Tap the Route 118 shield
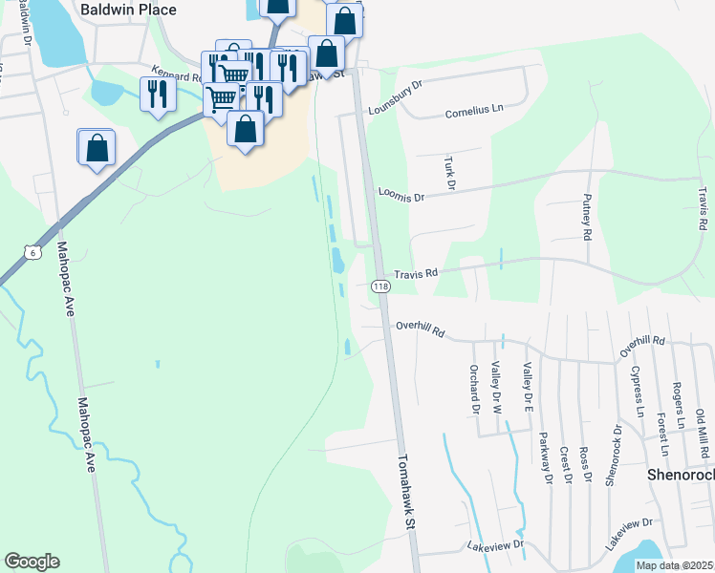(380, 286)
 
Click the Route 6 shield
(33, 252)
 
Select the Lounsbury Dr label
(395, 95)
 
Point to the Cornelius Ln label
(474, 113)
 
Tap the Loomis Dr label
(401, 197)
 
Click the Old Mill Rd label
(701, 432)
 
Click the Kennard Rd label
(174, 73)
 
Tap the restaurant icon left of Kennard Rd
(157, 94)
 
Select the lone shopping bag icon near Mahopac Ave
(97, 148)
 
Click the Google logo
(32, 562)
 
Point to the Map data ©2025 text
(674, 565)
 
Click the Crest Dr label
(565, 465)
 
